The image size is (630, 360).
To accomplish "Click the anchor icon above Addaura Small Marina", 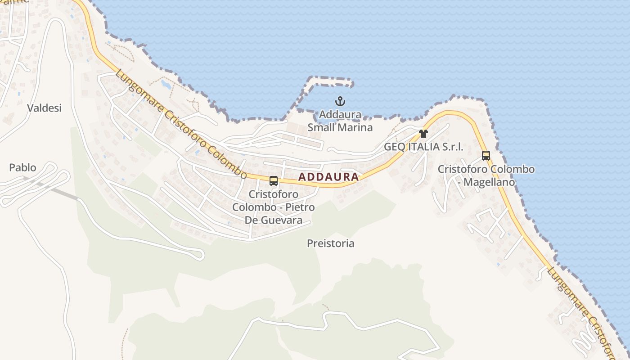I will tap(340, 101).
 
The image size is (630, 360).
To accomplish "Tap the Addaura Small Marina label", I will tap(340, 121).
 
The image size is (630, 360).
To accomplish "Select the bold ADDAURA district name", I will tap(328, 177).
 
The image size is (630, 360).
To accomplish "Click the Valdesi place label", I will tap(44, 108).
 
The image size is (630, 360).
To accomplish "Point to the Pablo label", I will tap(22, 168).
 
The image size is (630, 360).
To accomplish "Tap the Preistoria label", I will tap(331, 243).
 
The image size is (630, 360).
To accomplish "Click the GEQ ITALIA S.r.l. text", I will tap(423, 147).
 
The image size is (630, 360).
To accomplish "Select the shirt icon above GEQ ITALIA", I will tap(423, 134).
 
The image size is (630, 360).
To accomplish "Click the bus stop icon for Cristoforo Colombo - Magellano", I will tap(486, 156).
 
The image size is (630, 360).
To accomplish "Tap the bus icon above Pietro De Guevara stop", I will tap(274, 181).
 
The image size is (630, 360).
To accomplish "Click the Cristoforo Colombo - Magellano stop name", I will tap(486, 175).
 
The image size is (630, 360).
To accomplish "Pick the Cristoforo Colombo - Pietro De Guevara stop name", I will tap(273, 207).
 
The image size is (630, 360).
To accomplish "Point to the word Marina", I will tap(356, 127).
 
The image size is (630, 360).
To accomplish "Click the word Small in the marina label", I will tap(321, 127).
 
